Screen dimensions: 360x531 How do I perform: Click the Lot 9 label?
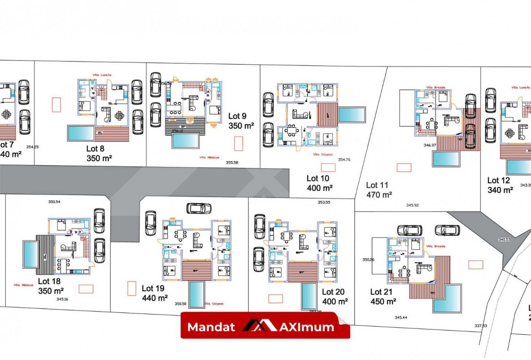[x=237, y=116]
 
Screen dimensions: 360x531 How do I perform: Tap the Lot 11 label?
[x=377, y=185]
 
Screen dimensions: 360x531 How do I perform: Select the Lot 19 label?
[x=153, y=288]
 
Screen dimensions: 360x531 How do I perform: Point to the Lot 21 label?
[x=381, y=292]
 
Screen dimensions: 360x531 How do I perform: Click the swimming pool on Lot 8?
[x=80, y=133]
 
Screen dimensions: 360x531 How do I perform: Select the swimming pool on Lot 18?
[x=30, y=254]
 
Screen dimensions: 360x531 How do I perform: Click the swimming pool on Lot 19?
[x=197, y=294]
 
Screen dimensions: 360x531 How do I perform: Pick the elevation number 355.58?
[x=232, y=163]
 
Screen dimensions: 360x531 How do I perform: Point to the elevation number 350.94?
[x=54, y=202]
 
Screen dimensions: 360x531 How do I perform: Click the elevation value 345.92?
[x=412, y=205]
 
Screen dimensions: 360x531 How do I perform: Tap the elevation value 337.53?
[x=481, y=326]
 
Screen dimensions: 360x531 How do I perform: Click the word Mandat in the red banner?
[x=211, y=327]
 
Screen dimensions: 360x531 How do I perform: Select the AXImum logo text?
[x=306, y=327]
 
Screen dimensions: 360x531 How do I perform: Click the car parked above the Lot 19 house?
[x=199, y=208]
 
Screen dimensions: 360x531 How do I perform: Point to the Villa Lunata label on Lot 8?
[x=102, y=75]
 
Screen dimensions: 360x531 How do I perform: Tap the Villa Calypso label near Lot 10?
[x=323, y=155]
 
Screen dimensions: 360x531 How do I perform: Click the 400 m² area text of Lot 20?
[x=335, y=302]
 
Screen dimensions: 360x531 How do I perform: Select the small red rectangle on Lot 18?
[x=86, y=289]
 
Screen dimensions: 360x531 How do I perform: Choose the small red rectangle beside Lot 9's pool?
[x=239, y=144]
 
